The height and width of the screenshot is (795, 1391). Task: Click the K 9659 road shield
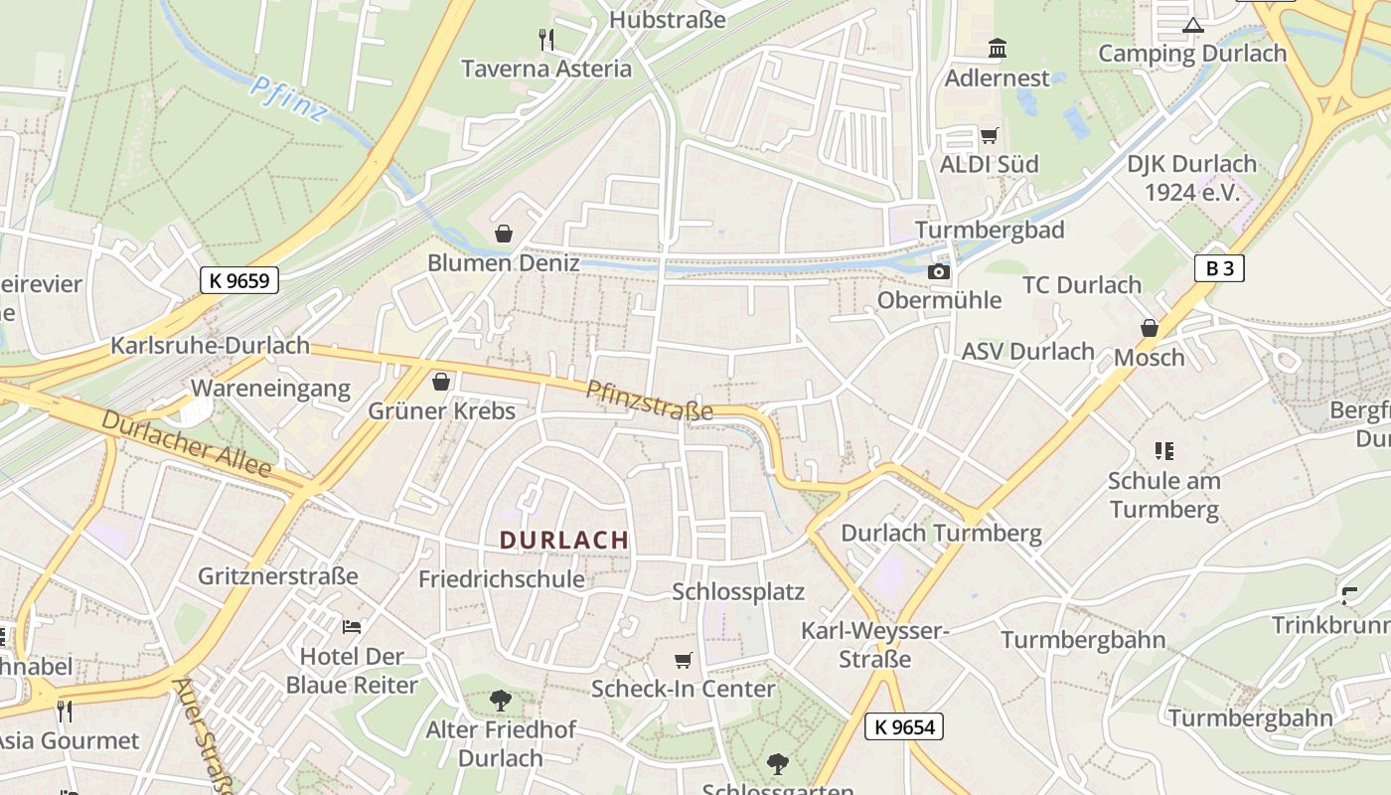click(x=239, y=280)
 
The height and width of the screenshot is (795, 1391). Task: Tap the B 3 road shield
click(x=1219, y=267)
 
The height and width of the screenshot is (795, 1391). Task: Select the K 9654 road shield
click(x=903, y=726)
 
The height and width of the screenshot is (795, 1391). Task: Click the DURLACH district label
click(x=564, y=541)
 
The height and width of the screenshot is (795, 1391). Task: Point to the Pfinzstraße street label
click(x=649, y=400)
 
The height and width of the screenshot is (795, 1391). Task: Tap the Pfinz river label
click(x=287, y=100)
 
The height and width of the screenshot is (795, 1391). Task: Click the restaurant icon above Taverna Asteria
click(x=546, y=40)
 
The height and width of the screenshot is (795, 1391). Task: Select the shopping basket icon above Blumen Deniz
click(x=504, y=235)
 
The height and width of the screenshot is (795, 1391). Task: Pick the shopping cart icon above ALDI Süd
click(x=989, y=135)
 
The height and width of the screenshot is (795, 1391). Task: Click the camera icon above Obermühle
click(x=939, y=271)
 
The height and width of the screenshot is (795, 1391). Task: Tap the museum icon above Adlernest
click(x=997, y=49)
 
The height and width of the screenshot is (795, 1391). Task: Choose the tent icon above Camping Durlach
click(x=1192, y=25)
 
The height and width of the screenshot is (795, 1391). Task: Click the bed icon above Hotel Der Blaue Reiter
click(x=352, y=627)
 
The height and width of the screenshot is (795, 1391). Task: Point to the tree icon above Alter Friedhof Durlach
click(x=501, y=701)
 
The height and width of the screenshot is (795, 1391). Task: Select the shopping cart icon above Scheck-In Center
click(x=683, y=660)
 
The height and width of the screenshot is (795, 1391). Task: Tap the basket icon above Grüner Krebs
click(x=441, y=382)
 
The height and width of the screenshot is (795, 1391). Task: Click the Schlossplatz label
click(x=738, y=591)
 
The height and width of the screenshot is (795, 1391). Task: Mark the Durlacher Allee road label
click(x=186, y=441)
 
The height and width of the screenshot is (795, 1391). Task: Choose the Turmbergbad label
click(x=990, y=230)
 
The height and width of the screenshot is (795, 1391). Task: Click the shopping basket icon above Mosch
click(x=1150, y=328)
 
